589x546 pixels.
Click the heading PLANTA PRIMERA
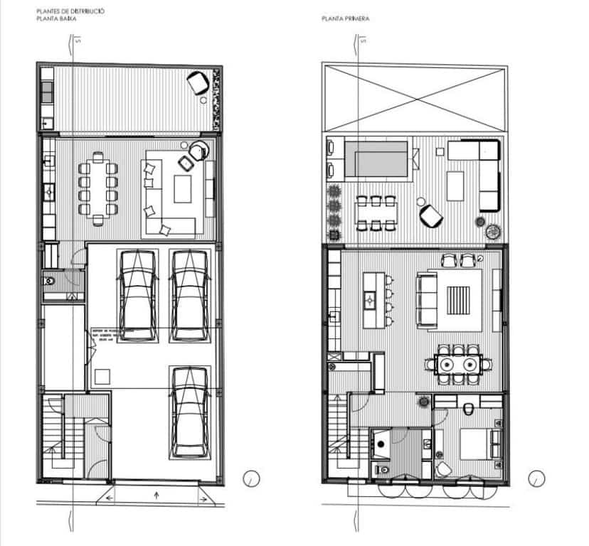click(x=345, y=19)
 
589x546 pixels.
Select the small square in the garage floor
click(x=102, y=376)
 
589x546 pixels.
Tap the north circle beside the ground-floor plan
click(x=251, y=478)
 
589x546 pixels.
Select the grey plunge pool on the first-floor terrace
click(x=381, y=159)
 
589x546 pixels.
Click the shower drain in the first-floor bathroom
click(x=381, y=443)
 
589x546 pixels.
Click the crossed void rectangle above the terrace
click(x=414, y=97)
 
